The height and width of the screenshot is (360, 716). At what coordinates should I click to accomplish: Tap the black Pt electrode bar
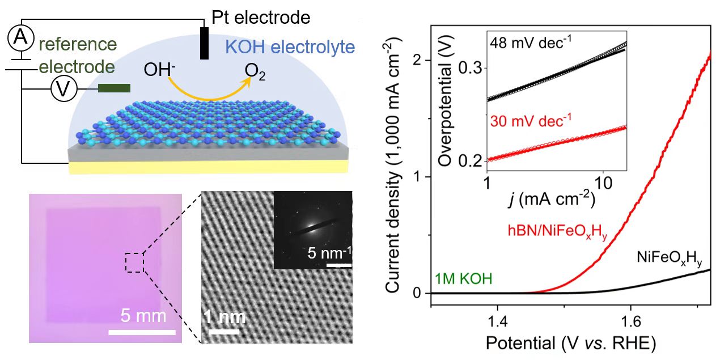tap(204, 43)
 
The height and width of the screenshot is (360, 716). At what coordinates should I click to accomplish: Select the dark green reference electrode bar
tap(114, 88)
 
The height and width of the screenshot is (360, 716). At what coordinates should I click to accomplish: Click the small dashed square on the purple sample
tap(134, 263)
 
